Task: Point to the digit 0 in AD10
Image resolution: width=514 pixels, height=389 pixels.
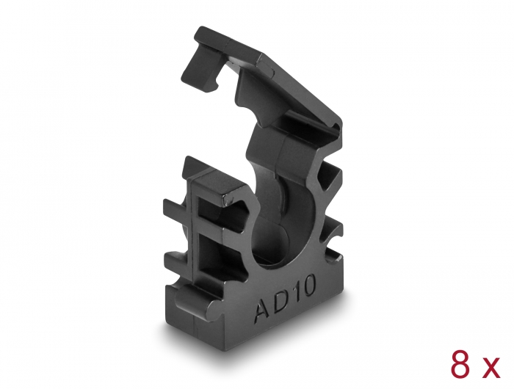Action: tap(309, 284)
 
